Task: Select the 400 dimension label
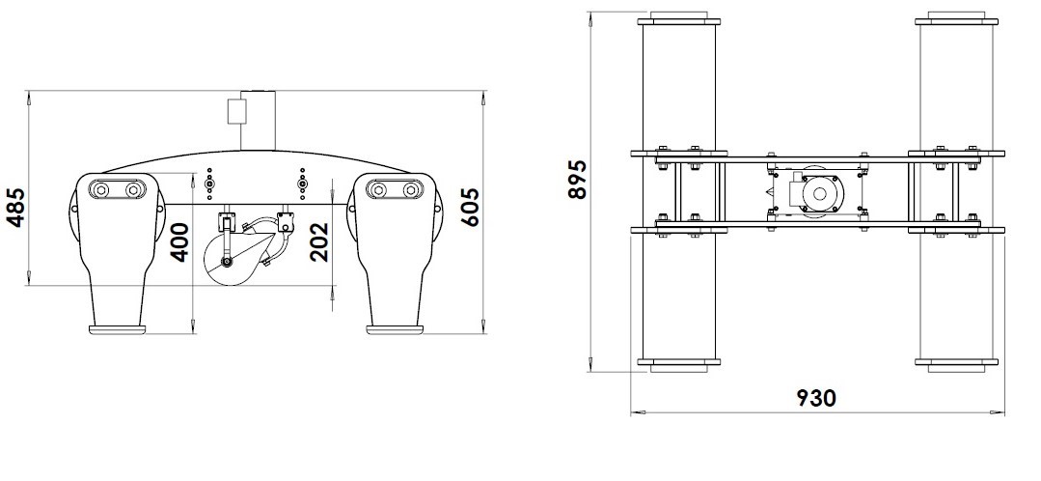pyautogui.click(x=180, y=241)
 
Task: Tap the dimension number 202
pyautogui.click(x=321, y=241)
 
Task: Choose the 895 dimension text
pyautogui.click(x=577, y=179)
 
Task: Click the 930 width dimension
pyautogui.click(x=816, y=397)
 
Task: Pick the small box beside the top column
pyautogui.click(x=234, y=110)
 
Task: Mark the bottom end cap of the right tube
pyautogui.click(x=956, y=365)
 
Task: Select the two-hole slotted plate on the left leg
pyautogui.click(x=117, y=188)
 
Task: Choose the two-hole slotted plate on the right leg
pyautogui.click(x=396, y=188)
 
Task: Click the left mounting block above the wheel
pyautogui.click(x=227, y=219)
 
